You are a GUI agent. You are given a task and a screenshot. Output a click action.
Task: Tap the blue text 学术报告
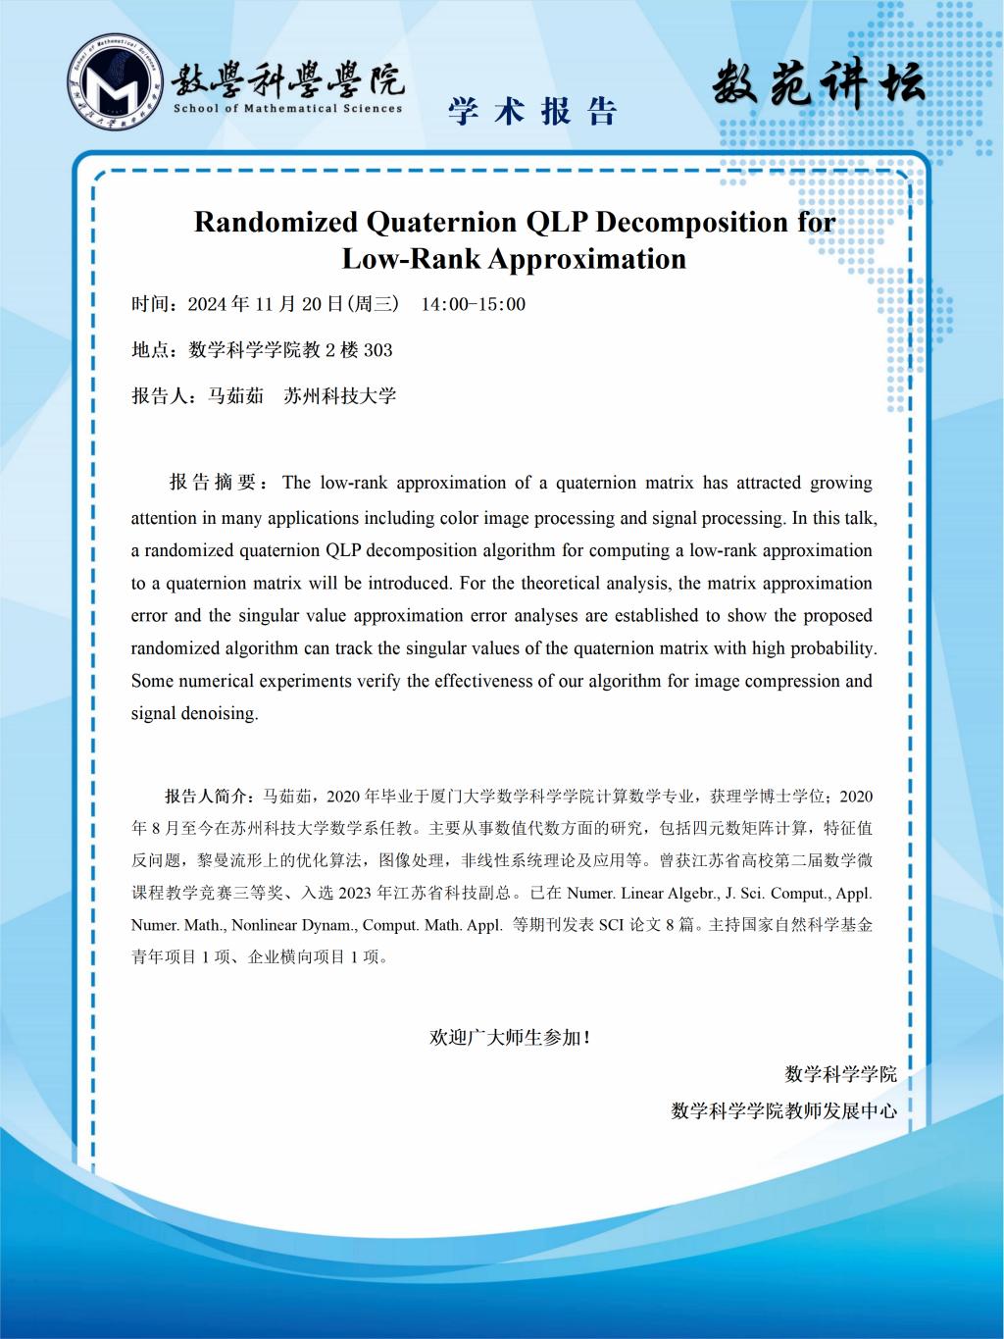532,112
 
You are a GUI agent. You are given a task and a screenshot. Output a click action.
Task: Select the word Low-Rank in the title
410,259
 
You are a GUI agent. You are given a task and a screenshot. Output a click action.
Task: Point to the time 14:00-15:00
473,304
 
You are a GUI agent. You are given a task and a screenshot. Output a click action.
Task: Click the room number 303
377,350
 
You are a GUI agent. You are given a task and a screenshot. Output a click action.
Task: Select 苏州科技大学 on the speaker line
339,396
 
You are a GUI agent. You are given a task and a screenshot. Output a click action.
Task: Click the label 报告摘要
213,483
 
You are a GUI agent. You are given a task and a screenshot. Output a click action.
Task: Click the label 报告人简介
208,796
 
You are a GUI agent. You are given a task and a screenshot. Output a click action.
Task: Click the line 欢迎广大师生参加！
510,1037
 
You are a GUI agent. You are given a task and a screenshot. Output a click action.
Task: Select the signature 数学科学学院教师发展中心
783,1110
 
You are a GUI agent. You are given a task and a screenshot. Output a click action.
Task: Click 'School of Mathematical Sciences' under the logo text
287,109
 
